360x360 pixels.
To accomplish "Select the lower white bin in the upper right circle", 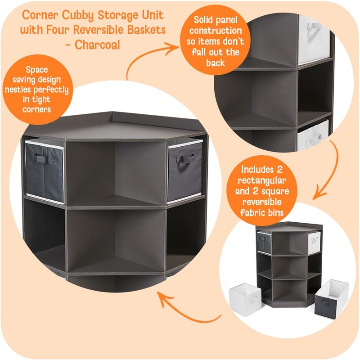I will (x=313, y=135).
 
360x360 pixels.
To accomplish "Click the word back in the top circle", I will (x=215, y=63).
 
